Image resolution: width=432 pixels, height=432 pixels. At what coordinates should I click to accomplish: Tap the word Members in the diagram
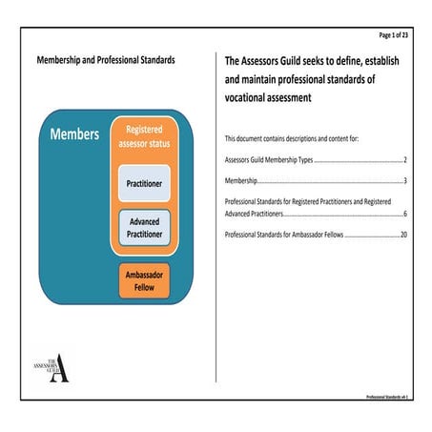coord(74,134)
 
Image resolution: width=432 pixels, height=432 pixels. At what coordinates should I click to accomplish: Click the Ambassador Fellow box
coord(145,282)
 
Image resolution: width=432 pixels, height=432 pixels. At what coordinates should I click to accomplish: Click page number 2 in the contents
coord(405,160)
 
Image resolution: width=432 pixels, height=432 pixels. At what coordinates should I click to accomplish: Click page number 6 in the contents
coord(405,216)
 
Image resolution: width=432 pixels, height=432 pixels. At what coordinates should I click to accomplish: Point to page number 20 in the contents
coord(403,234)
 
